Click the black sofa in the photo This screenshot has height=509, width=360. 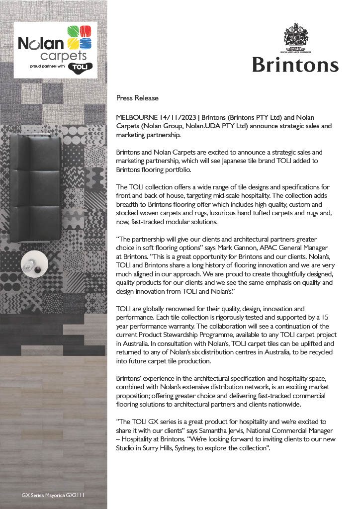(x=36, y=189)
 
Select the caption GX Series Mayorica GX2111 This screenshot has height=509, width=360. (x=56, y=496)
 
